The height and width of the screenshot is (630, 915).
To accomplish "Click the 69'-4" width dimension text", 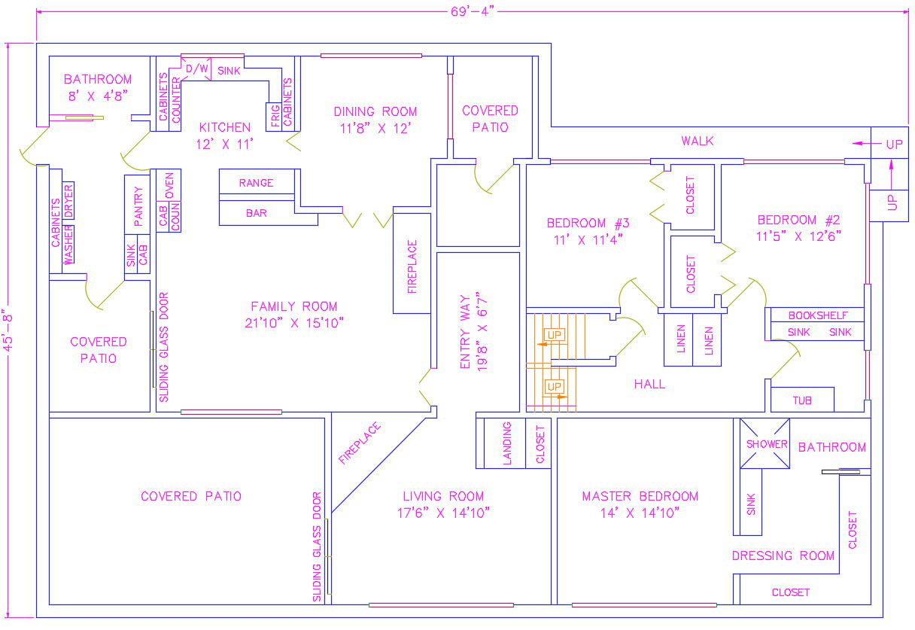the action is tap(473, 11).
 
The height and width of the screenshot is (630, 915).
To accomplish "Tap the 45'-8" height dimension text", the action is tap(8, 333).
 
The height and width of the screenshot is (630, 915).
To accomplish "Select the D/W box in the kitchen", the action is tap(196, 68).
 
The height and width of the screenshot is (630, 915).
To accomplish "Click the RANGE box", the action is tap(257, 181).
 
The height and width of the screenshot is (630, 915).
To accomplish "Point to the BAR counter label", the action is tap(256, 213).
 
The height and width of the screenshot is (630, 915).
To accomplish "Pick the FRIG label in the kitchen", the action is tap(275, 116).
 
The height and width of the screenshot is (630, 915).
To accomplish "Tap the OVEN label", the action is tap(169, 185).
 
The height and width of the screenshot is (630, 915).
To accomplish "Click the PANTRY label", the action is tap(138, 206).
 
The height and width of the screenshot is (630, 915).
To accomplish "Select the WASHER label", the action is tap(68, 245).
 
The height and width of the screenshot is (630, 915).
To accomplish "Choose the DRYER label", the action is tap(68, 201).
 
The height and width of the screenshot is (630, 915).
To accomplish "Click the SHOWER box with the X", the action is tap(765, 443).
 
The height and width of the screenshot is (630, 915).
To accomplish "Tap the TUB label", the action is tap(802, 400).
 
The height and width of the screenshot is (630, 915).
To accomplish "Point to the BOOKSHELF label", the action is tap(818, 315).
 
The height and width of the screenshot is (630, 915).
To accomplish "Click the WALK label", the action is tap(698, 141).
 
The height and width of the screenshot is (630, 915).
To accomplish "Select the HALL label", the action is tap(649, 384).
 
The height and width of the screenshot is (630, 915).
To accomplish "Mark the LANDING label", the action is tap(507, 443).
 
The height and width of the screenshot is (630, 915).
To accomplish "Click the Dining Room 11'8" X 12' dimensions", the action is tap(375, 129).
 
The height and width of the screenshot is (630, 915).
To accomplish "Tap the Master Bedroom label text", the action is tap(640, 496).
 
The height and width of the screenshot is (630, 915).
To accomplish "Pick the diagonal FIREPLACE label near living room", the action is tap(360, 443).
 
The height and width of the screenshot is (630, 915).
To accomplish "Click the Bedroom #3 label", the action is tap(588, 223).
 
